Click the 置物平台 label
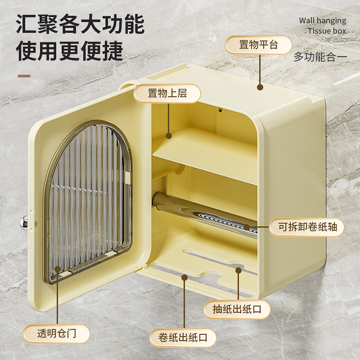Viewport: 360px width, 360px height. pos(258,45)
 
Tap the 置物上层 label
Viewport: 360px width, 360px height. pos(167,94)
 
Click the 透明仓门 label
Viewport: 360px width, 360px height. pos(57,334)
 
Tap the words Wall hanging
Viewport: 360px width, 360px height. pos(323,21)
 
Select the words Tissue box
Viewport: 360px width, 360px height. pos(327,31)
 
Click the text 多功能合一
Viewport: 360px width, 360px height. pos(320,57)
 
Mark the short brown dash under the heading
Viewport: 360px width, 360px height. pos(24,76)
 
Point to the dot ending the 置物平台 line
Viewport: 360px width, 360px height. pos(259,87)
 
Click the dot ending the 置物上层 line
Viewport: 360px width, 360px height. pos(168,135)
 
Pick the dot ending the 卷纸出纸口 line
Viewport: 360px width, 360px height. pos(184,278)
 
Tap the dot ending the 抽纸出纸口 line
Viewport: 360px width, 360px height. pos(238,270)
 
